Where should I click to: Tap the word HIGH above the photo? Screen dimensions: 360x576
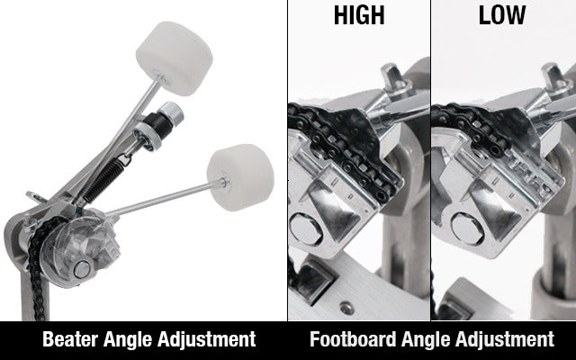358,15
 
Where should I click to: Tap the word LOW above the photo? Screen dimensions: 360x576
503,15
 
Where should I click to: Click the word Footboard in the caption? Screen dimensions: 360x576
355,340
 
